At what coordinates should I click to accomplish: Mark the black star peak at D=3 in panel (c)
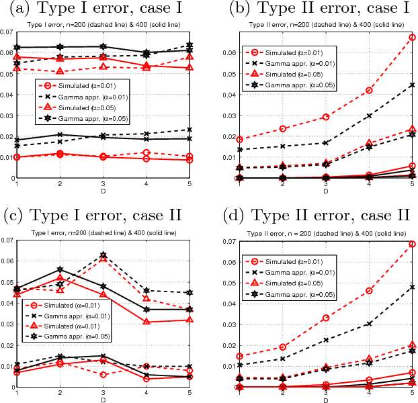103,255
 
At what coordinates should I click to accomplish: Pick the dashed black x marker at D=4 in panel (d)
369,323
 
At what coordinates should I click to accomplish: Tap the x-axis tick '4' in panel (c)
146,393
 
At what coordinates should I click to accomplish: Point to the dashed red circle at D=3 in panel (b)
326,117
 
